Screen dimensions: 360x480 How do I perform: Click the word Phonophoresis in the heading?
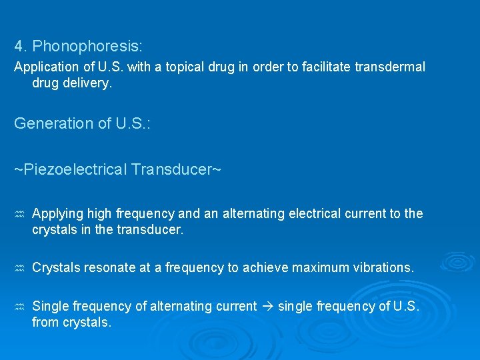[x=88, y=46]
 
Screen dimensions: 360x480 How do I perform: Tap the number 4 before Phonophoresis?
[x=19, y=46]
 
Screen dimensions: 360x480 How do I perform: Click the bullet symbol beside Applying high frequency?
[x=19, y=214]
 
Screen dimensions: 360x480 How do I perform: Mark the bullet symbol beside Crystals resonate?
[x=19, y=268]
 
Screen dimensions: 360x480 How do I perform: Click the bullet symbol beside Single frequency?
[x=19, y=307]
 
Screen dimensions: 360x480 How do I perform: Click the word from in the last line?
[x=45, y=322]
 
